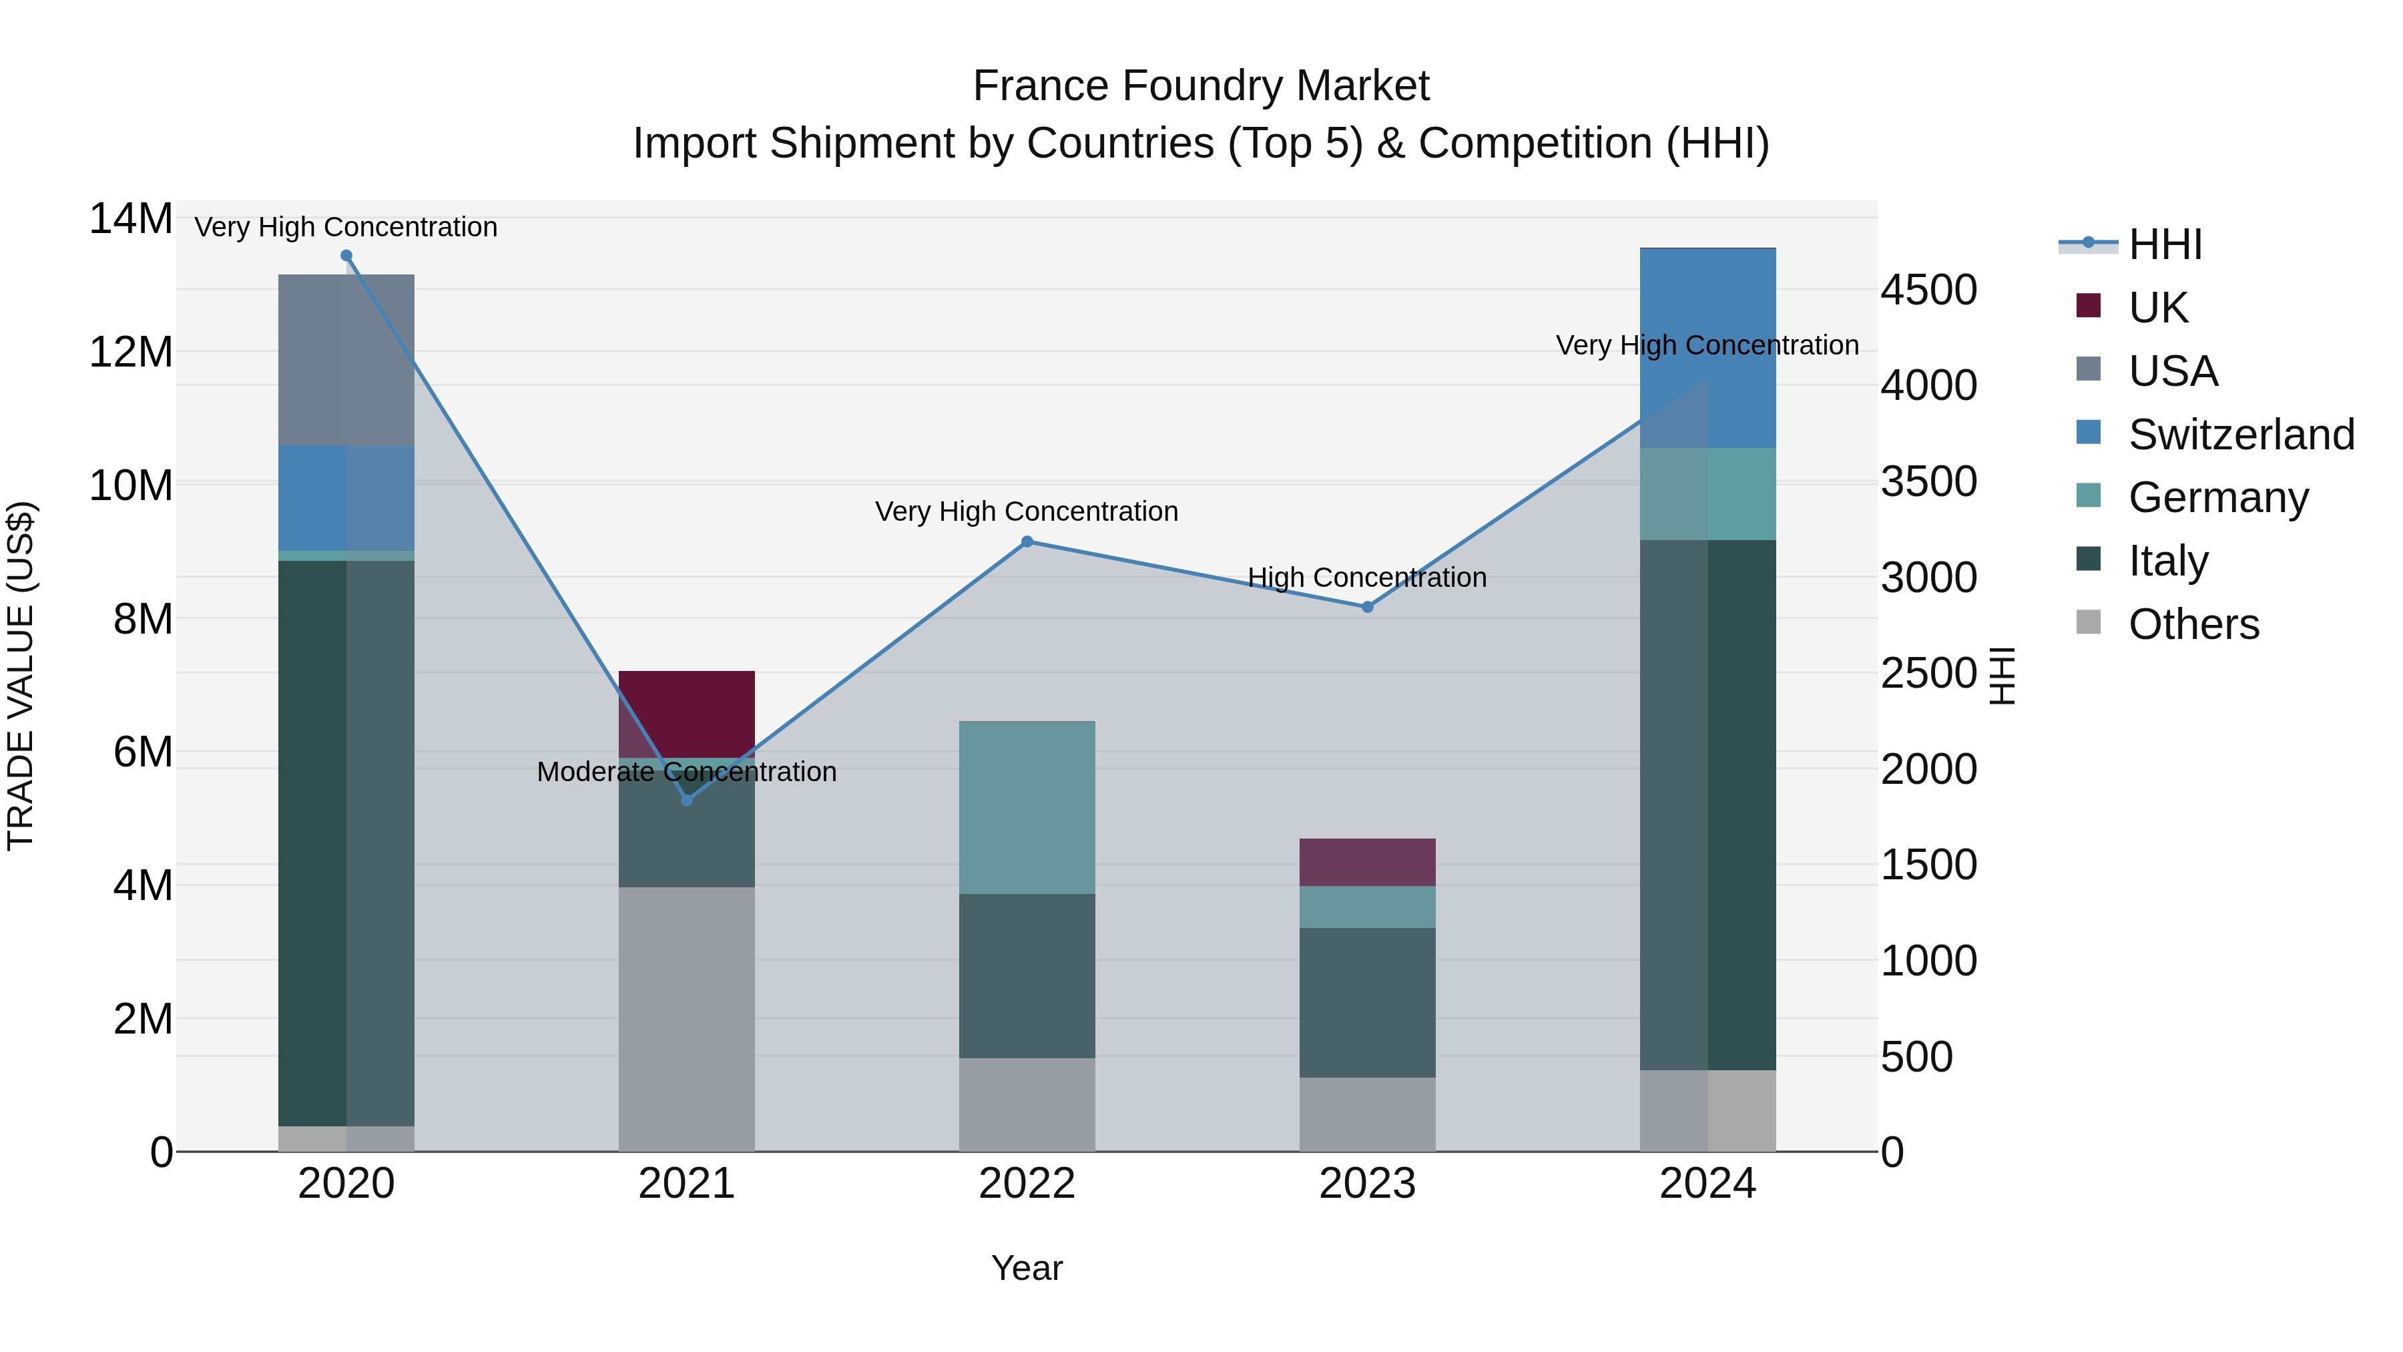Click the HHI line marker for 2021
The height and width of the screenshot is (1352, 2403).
click(687, 800)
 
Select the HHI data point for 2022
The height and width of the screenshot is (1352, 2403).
click(1027, 541)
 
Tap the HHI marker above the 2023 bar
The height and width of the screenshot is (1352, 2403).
click(1368, 606)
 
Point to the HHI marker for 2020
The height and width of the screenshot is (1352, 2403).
click(346, 255)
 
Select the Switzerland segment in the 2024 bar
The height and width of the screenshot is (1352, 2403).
click(1708, 347)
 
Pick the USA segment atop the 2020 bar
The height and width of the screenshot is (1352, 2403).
click(346, 359)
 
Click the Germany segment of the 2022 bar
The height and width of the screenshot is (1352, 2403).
click(1027, 807)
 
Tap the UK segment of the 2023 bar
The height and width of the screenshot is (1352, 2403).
click(1368, 862)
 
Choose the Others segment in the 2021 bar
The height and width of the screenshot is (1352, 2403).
click(687, 1019)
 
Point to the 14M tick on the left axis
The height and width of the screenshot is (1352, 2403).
click(131, 219)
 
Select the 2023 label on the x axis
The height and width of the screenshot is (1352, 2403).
click(1368, 1184)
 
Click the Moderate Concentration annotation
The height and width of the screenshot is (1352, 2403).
click(687, 772)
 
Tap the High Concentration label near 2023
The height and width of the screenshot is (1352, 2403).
click(1368, 577)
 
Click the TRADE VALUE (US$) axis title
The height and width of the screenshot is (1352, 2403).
click(21, 676)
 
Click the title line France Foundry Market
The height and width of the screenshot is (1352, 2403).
click(1201, 86)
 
